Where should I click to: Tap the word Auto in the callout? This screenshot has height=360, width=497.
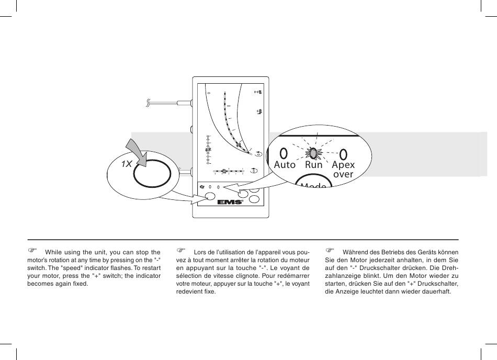[x=285, y=165]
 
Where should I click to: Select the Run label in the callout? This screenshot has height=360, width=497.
[x=314, y=165]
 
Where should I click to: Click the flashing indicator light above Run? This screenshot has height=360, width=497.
[x=312, y=153]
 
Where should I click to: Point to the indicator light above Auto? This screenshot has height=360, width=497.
[x=284, y=153]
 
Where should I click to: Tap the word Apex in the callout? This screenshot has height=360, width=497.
[x=343, y=165]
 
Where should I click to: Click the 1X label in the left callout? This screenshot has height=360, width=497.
[x=126, y=164]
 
